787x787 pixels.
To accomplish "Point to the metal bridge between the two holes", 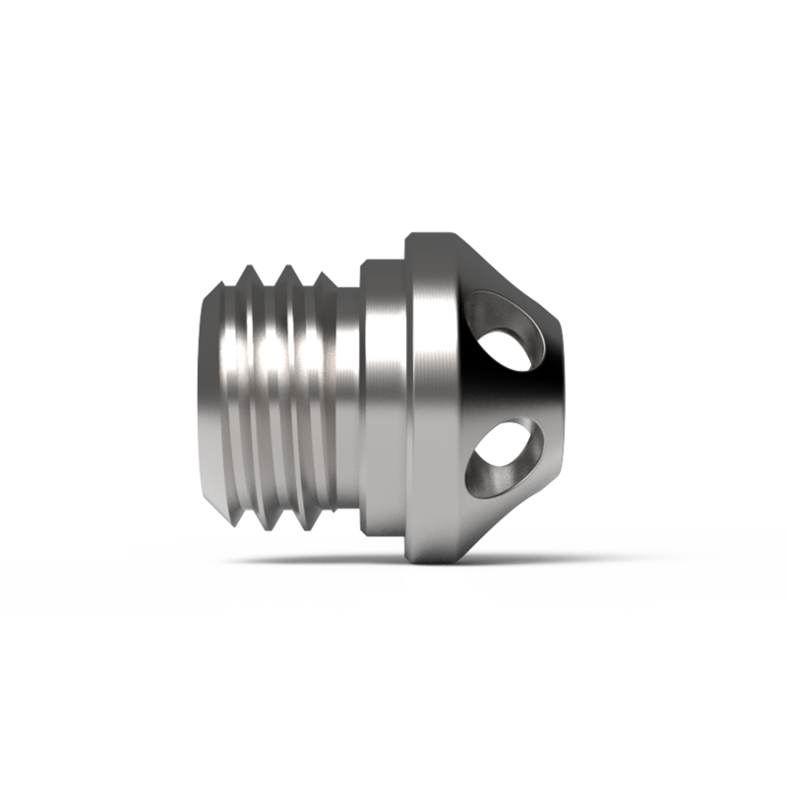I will click(x=512, y=393).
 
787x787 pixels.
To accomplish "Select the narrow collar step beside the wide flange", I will click(x=386, y=393).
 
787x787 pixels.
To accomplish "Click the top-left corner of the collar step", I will click(x=362, y=262).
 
